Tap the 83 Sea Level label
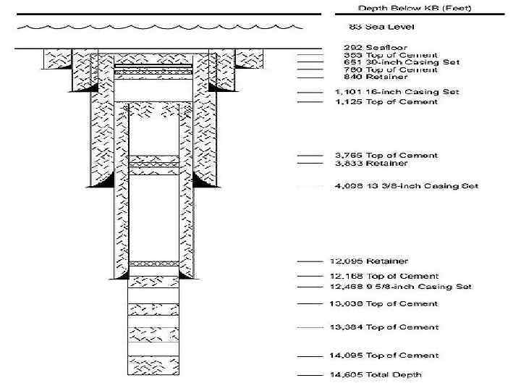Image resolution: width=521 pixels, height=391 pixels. [373, 27]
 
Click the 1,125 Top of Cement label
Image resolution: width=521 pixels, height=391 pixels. [386, 102]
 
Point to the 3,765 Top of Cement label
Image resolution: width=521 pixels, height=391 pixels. [386, 156]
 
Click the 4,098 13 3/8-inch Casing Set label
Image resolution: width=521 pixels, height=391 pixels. [406, 187]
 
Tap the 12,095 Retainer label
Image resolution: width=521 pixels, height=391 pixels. [371, 261]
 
